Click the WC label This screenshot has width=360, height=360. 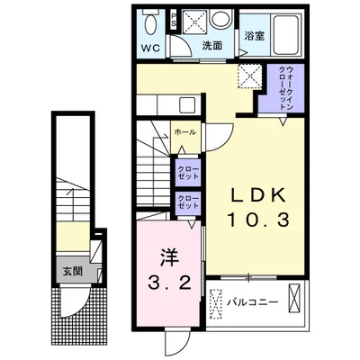coord(150,48)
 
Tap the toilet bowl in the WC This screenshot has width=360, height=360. coord(150,23)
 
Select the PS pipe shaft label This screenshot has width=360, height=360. coord(174,20)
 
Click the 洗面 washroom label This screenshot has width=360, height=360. coord(211,46)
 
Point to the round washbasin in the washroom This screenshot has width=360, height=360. coord(220,18)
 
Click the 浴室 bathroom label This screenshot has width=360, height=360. coord(255,36)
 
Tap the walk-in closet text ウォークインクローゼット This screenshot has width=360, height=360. coord(286,88)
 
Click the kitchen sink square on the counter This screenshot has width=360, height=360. coord(187,105)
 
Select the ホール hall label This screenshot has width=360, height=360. coord(184,131)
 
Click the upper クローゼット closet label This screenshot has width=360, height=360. coord(188,172)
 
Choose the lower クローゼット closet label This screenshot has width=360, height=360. coord(188,202)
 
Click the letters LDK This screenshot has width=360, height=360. coord(257,196)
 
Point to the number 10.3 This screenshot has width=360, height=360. coord(258,220)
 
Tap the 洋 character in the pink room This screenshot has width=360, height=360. coord(169,257)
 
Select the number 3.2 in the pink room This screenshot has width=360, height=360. coord(169,282)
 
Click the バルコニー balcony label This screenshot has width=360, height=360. coord(252,301)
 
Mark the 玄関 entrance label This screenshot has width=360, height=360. coord(72,272)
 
